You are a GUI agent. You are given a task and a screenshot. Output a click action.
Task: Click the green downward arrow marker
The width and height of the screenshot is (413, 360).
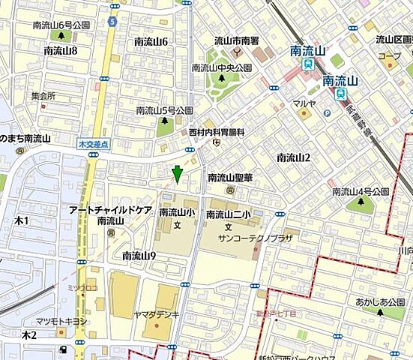click(x=176, y=174)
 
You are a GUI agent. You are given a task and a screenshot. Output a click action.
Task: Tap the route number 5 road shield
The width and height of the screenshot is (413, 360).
click(x=112, y=22)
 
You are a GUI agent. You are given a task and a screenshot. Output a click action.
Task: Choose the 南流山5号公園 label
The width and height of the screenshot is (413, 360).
click(x=164, y=110)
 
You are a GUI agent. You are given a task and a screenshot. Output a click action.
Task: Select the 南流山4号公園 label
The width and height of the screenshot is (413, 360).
click(x=361, y=192)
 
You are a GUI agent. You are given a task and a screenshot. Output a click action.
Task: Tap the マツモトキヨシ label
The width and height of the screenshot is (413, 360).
click(x=64, y=321)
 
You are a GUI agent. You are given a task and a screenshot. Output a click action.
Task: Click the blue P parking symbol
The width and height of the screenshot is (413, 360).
click(x=327, y=113)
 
